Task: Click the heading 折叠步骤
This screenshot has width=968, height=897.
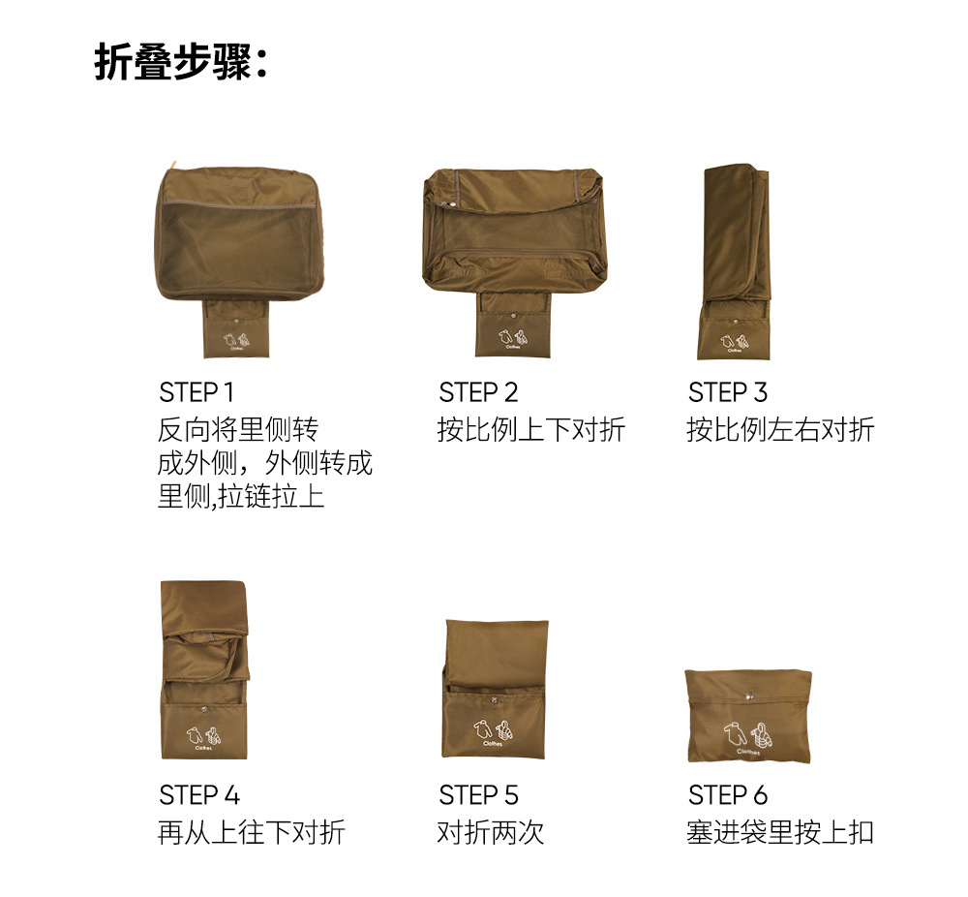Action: pyautogui.click(x=174, y=61)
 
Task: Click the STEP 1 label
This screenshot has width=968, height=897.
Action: pyautogui.click(x=196, y=392)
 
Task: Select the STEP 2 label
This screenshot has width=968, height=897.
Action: pyautogui.click(x=478, y=392)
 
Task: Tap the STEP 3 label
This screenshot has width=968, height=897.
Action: pyautogui.click(x=727, y=392)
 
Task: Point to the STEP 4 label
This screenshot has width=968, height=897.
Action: pyautogui.click(x=198, y=795)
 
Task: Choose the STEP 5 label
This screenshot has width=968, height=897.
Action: pyautogui.click(x=478, y=795)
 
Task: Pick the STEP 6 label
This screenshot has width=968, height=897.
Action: pyautogui.click(x=728, y=795)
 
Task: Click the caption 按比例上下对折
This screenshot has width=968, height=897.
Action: pyautogui.click(x=530, y=429)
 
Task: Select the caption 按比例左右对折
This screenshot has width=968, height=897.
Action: pyautogui.click(x=780, y=429)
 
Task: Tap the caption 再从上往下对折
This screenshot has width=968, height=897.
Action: pyautogui.click(x=252, y=832)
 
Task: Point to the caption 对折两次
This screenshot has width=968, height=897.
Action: pyautogui.click(x=490, y=832)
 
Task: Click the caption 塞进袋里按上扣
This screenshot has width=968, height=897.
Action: pyautogui.click(x=780, y=832)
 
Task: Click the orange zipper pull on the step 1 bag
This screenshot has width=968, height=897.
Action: pyautogui.click(x=173, y=165)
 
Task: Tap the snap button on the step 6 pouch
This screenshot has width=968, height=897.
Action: pyautogui.click(x=749, y=696)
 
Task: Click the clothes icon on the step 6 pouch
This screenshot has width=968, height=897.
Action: pyautogui.click(x=747, y=735)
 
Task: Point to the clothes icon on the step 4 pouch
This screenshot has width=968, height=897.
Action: pyautogui.click(x=203, y=736)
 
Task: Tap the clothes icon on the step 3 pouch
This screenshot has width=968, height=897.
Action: pyautogui.click(x=734, y=341)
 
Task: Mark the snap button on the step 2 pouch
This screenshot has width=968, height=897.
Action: pyautogui.click(x=513, y=316)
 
